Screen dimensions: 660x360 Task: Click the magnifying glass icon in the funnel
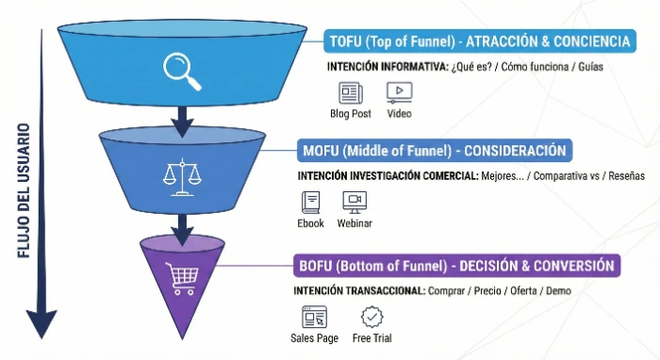point(182,70)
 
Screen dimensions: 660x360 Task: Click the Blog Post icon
point(351,92)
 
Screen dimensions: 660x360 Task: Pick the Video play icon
point(399,92)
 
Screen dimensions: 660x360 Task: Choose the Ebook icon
point(310,201)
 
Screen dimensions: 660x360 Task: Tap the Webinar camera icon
point(355,201)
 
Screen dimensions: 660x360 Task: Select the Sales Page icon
point(314,317)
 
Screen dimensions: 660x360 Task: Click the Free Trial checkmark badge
point(372,317)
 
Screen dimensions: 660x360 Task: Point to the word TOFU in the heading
point(347,42)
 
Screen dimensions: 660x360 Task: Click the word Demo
point(557,290)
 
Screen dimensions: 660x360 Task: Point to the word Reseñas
point(625,176)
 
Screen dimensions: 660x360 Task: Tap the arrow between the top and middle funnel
point(182,118)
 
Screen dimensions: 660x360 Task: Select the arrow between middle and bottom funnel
point(181,224)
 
